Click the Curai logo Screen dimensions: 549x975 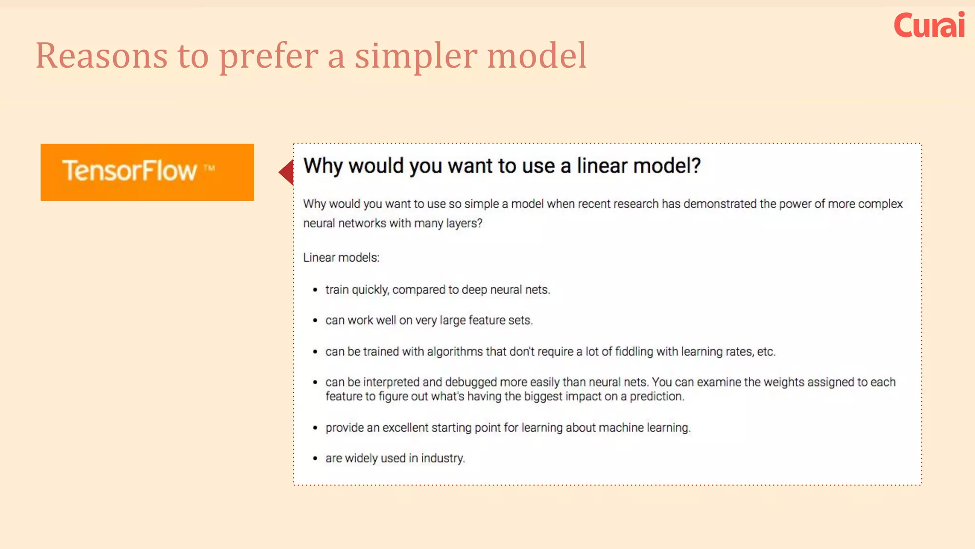tap(929, 26)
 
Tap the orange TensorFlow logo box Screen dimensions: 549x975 tap(147, 172)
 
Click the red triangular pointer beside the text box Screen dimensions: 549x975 tap(287, 172)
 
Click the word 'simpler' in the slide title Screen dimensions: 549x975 tap(416, 56)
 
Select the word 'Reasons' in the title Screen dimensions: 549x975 tap(101, 56)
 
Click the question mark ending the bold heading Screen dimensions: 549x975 tap(696, 166)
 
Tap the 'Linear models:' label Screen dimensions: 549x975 tap(341, 258)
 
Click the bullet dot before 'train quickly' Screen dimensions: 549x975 tap(315, 290)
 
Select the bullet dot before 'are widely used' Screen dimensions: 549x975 tap(315, 458)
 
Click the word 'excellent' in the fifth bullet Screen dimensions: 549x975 tap(405, 428)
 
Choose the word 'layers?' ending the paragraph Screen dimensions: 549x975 tap(464, 224)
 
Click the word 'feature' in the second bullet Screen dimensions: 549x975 tap(486, 320)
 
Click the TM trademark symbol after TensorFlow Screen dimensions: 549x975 tap(209, 168)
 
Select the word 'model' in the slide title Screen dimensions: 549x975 tap(537, 56)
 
